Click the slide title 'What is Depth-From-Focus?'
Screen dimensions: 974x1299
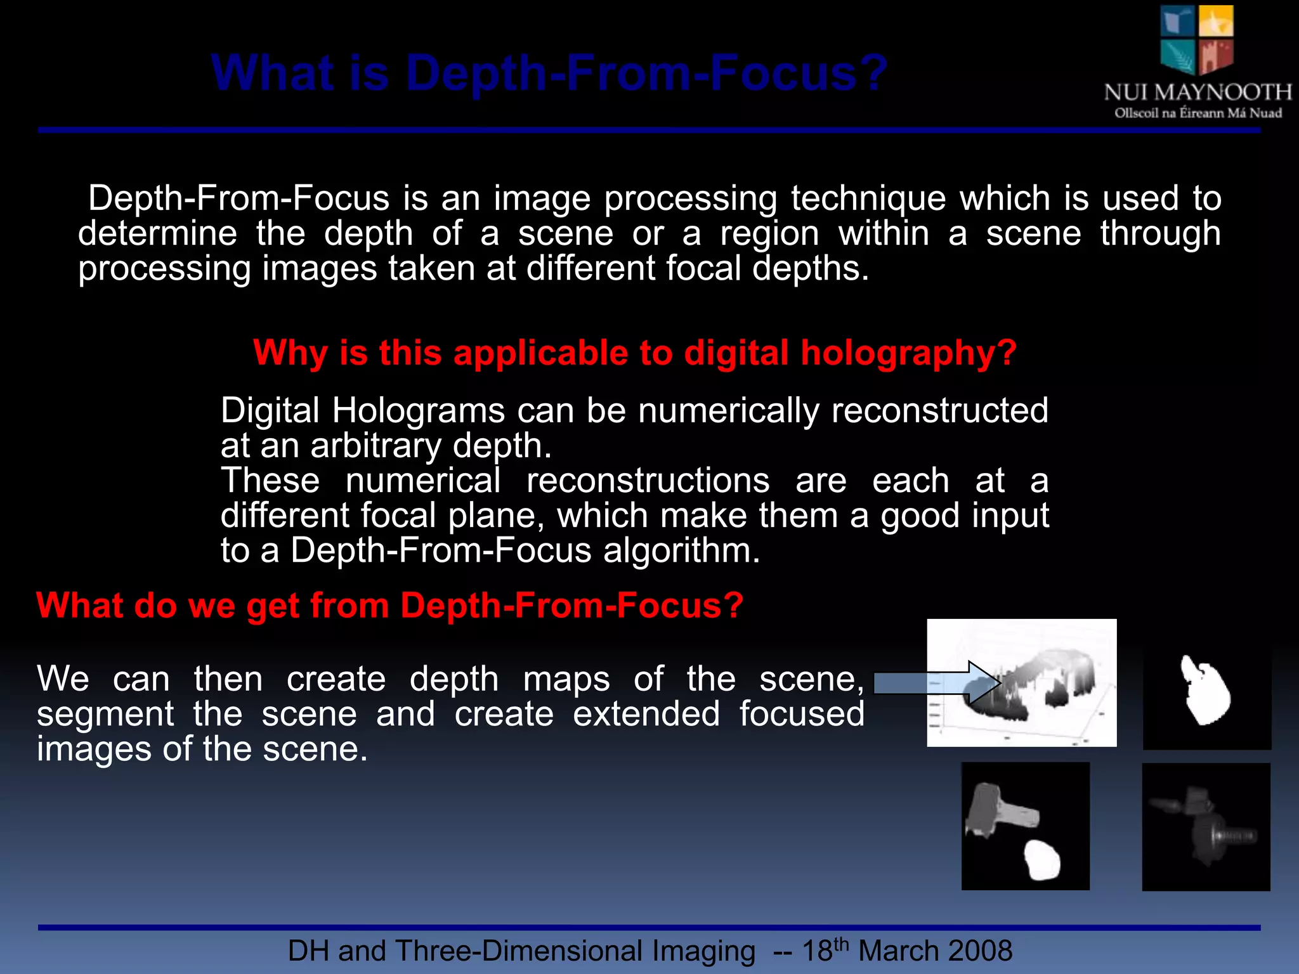(x=549, y=73)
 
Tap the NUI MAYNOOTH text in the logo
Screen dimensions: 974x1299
(x=1198, y=93)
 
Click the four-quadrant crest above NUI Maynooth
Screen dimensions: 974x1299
(x=1197, y=39)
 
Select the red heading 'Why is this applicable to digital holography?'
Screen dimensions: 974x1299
(x=634, y=353)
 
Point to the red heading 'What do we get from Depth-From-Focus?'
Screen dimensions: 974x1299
(x=389, y=605)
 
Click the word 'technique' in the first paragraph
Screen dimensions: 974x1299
(x=868, y=198)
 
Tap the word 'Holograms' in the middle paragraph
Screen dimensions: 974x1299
(x=419, y=410)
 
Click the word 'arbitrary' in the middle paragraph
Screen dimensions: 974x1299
(x=375, y=445)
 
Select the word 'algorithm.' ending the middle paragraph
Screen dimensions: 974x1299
(x=681, y=550)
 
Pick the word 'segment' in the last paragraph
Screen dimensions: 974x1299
(x=105, y=714)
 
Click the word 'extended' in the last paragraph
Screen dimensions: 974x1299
(x=646, y=714)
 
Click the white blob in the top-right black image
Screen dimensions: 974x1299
(x=1204, y=691)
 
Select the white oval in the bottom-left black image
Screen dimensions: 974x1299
(x=1042, y=860)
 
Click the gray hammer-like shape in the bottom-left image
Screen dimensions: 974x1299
(x=996, y=812)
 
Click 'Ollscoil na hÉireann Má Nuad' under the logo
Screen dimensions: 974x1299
(x=1198, y=114)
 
